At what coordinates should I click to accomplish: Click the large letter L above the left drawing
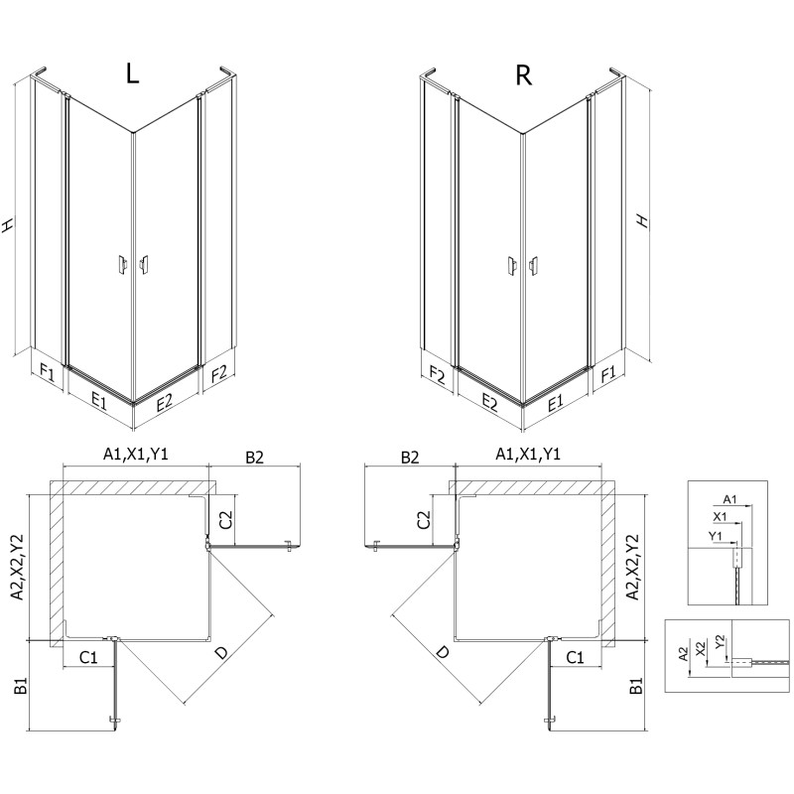(x=134, y=75)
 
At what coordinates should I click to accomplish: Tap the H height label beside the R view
(x=642, y=220)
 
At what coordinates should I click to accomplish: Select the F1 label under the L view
(x=47, y=373)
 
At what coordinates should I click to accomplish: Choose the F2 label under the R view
(x=435, y=373)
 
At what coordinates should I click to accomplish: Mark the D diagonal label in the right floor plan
(x=441, y=652)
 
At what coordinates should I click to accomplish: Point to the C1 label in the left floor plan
(x=87, y=657)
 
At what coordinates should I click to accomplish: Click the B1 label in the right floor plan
(x=636, y=685)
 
